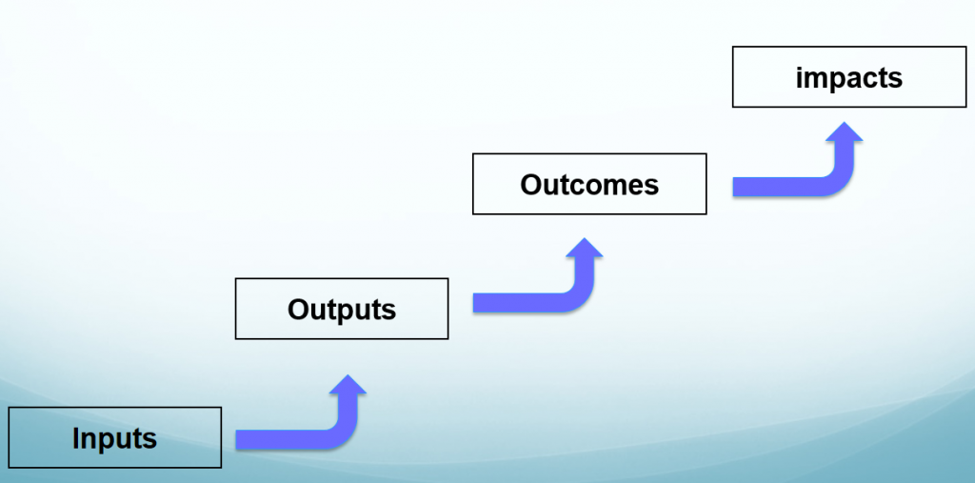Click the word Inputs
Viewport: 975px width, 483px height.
(114, 438)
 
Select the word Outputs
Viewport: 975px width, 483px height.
(342, 309)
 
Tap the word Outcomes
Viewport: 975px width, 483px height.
(589, 184)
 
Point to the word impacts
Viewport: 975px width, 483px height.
(849, 77)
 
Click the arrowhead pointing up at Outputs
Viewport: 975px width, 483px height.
(350, 386)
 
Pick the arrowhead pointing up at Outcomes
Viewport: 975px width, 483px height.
(584, 250)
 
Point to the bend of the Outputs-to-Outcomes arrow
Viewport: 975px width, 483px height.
(578, 295)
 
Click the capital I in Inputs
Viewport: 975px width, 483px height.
(76, 438)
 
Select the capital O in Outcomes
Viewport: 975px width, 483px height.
(531, 184)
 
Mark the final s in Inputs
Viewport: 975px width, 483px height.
(149, 439)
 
